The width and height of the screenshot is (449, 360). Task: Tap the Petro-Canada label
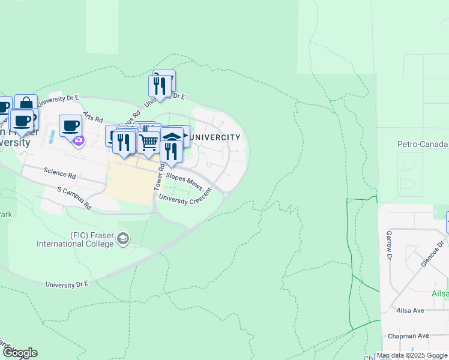[423, 144]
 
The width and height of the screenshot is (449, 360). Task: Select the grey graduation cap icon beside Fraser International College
[123, 239]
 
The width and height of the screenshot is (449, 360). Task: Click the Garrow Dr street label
[389, 241]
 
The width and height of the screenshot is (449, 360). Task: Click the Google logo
[19, 353]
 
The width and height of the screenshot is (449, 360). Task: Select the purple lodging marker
[79, 142]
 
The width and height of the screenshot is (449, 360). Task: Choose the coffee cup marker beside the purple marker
[71, 125]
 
